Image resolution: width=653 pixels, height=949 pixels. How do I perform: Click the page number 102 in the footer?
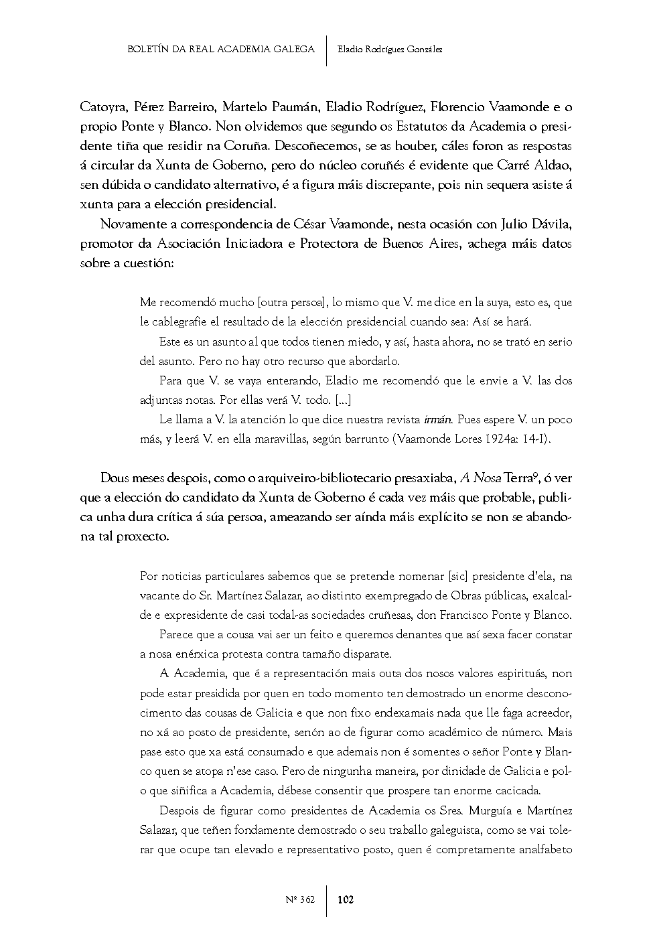click(x=346, y=899)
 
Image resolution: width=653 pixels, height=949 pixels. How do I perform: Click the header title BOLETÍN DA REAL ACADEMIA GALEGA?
click(x=220, y=49)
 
